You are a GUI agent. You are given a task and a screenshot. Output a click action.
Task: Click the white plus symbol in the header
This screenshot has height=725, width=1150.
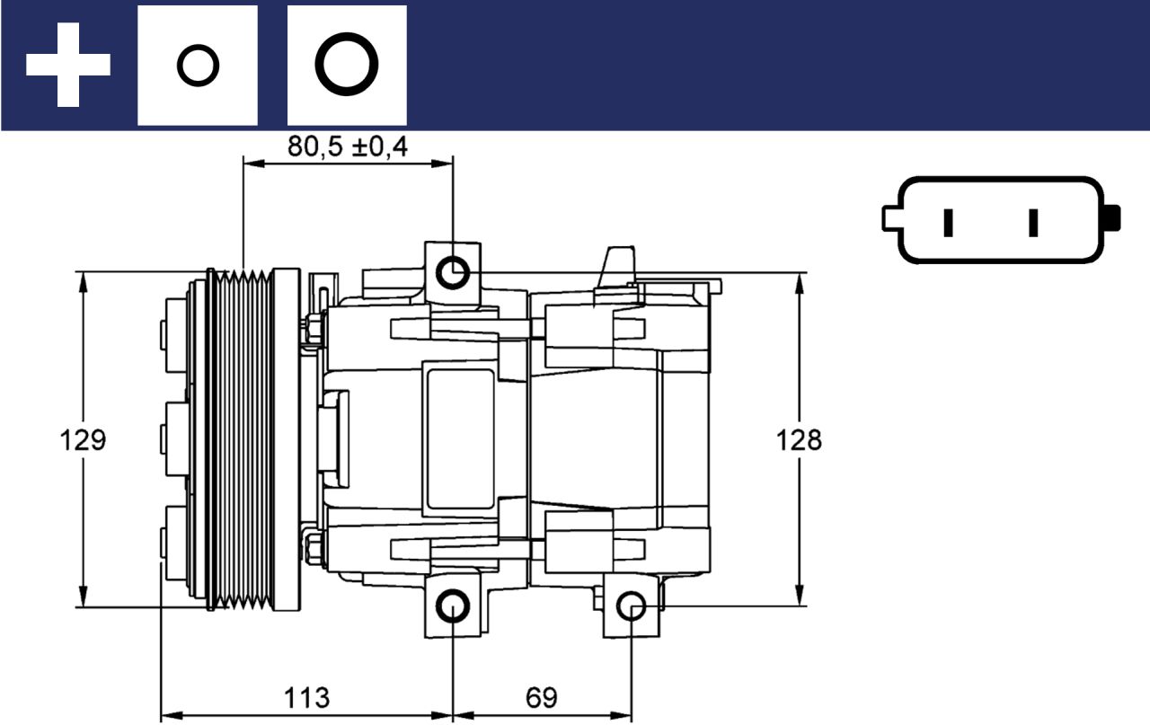point(67,65)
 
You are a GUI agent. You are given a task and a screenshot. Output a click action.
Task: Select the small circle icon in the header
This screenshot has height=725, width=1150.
point(197,66)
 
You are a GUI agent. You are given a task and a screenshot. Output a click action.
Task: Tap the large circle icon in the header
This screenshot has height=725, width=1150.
point(347,66)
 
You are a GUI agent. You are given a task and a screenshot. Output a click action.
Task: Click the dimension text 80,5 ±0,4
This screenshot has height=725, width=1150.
point(347,146)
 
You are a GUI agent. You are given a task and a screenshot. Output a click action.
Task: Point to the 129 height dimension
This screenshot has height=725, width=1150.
point(83,440)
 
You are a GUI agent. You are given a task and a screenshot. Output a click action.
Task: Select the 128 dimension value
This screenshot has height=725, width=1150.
point(799,440)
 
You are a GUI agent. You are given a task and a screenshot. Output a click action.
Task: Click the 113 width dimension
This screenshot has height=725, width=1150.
point(307,697)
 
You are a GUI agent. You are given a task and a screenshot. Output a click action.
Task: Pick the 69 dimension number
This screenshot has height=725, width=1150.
point(541,697)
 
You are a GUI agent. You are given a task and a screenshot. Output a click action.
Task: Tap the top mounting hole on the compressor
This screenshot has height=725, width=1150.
point(453,271)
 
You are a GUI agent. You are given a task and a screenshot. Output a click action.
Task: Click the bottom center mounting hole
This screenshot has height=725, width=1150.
point(453,607)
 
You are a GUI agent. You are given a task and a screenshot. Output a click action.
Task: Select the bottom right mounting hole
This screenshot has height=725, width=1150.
point(632,607)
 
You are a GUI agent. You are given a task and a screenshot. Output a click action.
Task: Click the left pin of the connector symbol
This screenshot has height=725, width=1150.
point(948,222)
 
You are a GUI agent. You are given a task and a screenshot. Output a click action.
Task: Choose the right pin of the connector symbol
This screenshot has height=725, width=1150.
point(1033,222)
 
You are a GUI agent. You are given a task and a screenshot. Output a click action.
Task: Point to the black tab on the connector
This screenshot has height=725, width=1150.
point(1113,217)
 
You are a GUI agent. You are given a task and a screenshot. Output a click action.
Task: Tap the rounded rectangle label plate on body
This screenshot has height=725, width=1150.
point(460,439)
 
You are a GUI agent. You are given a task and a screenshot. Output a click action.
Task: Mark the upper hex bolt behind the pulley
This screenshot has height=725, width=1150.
point(314,328)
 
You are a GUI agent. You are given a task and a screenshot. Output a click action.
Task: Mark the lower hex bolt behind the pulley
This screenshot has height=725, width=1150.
point(314,547)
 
